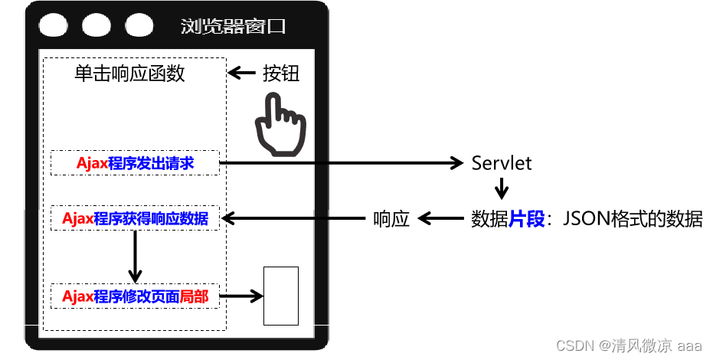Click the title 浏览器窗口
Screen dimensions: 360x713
(234, 27)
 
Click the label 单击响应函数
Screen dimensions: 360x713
(129, 74)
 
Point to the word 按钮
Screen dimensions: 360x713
(281, 74)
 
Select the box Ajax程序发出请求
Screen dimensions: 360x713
(135, 162)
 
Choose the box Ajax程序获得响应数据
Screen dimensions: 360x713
(135, 218)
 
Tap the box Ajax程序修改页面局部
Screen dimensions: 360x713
(135, 296)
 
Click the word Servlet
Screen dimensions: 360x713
(502, 162)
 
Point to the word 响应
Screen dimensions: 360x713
(391, 219)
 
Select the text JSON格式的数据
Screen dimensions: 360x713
(633, 219)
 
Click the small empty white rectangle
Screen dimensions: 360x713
(281, 296)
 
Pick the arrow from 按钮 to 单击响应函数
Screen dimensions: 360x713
(243, 74)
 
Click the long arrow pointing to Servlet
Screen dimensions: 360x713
(341, 162)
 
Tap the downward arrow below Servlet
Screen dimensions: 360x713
(502, 188)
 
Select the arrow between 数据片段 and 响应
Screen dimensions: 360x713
(440, 219)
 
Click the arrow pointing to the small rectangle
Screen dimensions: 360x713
(240, 296)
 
